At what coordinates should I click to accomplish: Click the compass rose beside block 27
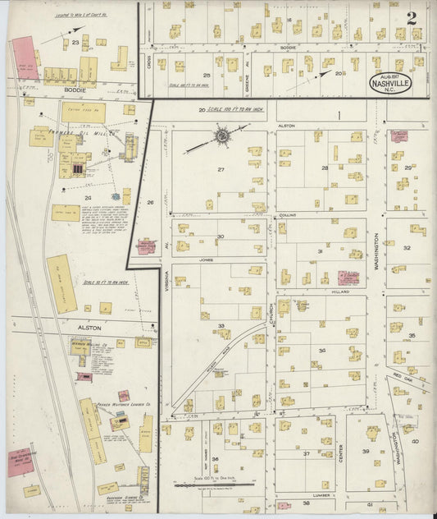[221, 134]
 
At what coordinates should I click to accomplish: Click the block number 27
[221, 169]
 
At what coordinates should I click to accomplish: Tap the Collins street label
[285, 215]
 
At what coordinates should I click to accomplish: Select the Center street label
[340, 450]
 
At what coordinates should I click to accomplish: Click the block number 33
[221, 327]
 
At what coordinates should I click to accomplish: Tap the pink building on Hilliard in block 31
[348, 278]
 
